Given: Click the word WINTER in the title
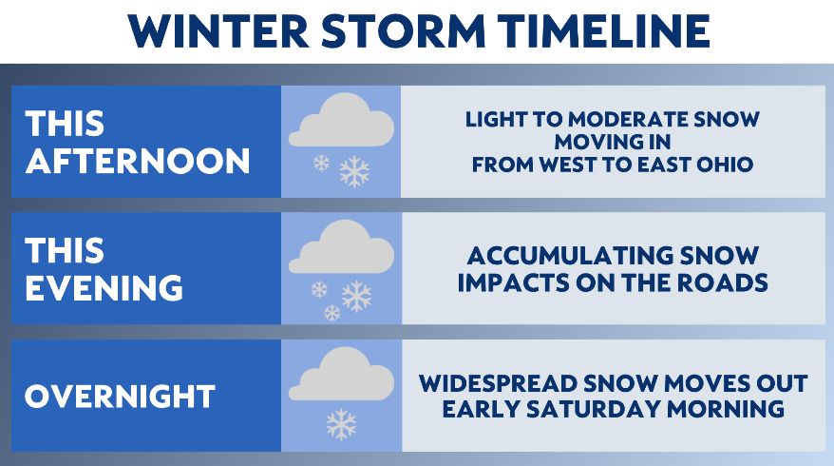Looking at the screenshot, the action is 219,31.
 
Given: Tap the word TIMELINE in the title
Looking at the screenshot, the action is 605,31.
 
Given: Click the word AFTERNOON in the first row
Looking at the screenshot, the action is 138,162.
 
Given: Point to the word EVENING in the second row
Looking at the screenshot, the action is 104,288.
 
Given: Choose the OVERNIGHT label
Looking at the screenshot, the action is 121,397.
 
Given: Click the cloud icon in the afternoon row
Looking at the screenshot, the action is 341,121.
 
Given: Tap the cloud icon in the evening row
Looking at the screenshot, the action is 341,247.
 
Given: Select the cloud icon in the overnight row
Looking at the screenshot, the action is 341,374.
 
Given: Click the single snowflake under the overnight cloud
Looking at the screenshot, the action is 341,424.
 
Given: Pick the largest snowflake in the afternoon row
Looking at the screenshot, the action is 354,171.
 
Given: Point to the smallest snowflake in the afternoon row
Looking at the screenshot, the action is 321,163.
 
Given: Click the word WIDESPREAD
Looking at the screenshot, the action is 498,384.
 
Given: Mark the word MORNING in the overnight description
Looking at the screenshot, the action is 726,410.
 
